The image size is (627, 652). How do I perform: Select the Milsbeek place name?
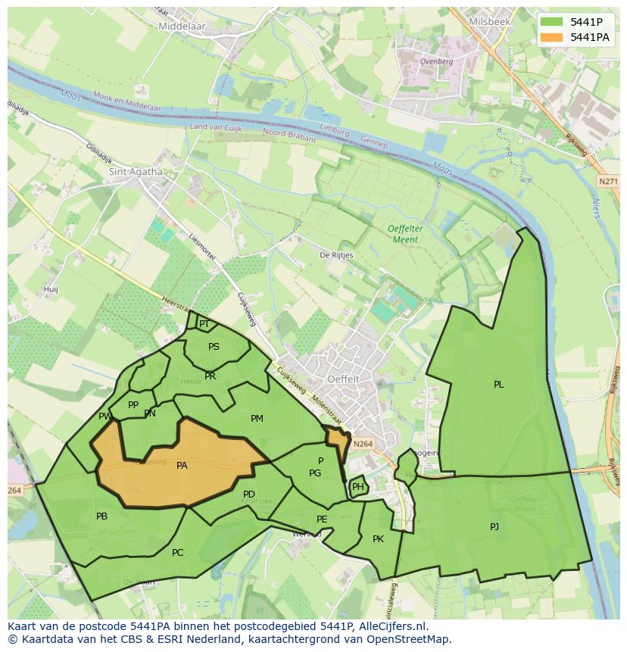click(490, 22)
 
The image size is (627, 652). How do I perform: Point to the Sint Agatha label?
click(136, 171)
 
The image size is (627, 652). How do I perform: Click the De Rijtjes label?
click(336, 255)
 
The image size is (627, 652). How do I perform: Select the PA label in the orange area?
click(182, 466)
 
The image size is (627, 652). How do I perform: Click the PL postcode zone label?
click(498, 385)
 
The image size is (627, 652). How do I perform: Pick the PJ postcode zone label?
click(494, 526)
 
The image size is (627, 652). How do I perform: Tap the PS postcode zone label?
click(214, 347)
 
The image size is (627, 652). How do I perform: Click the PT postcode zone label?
click(204, 324)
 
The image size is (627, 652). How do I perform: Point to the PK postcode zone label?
click(378, 539)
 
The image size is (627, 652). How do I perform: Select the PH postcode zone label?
click(357, 487)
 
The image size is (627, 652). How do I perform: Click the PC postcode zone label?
click(177, 553)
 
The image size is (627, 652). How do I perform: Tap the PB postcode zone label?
click(101, 516)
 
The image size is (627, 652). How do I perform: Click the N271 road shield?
click(608, 182)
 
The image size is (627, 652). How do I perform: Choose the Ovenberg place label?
click(436, 61)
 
